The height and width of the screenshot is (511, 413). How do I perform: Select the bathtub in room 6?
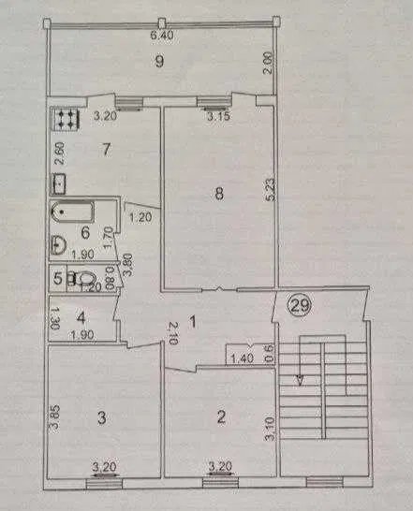tap(72, 212)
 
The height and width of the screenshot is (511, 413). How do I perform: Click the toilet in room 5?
tap(84, 279)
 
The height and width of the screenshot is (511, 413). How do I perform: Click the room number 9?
tap(159, 61)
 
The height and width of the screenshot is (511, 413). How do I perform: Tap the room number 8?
tap(219, 195)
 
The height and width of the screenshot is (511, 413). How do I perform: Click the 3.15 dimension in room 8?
tap(219, 116)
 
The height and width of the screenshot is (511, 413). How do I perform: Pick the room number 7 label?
tap(106, 149)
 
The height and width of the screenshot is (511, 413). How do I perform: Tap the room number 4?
tap(81, 318)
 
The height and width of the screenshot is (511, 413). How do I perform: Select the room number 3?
tap(102, 418)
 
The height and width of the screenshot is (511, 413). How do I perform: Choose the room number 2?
tap(222, 416)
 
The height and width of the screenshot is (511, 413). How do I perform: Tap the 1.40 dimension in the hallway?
tap(242, 358)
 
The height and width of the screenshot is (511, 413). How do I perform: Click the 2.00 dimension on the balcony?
tap(268, 66)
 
